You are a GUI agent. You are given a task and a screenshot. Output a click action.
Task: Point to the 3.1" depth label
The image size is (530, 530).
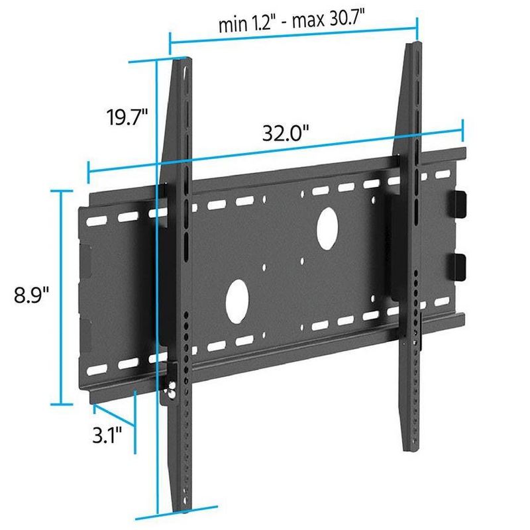[108, 436]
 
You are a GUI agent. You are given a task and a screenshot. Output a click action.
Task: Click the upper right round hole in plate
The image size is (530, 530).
[327, 226]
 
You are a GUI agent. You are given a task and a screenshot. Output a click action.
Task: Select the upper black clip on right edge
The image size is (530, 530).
[460, 204]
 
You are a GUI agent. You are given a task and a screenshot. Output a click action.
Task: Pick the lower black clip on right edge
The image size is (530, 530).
[460, 268]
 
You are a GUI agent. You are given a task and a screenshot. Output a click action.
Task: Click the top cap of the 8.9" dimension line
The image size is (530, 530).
[62, 190]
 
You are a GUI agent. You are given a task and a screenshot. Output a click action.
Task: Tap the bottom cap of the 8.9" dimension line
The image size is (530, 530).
[62, 403]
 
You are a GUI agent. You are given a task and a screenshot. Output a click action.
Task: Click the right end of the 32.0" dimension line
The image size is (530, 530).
[462, 129]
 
